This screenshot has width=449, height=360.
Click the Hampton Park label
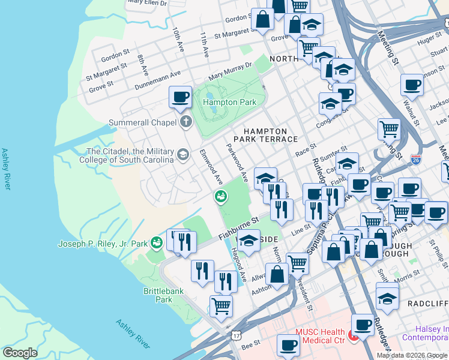(x=229, y=102)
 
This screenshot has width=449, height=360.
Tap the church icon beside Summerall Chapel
(x=186, y=122)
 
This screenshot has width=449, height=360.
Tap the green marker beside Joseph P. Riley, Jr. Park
(x=157, y=242)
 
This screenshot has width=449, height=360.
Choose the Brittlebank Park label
(x=158, y=295)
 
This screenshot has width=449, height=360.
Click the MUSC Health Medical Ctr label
(x=320, y=336)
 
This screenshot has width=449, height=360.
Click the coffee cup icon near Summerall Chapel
(x=179, y=97)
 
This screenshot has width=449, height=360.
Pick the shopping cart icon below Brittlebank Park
(x=221, y=305)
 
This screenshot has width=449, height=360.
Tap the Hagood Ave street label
(x=239, y=267)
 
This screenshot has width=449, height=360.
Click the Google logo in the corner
(x=20, y=352)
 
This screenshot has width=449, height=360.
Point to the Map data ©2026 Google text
(x=412, y=355)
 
